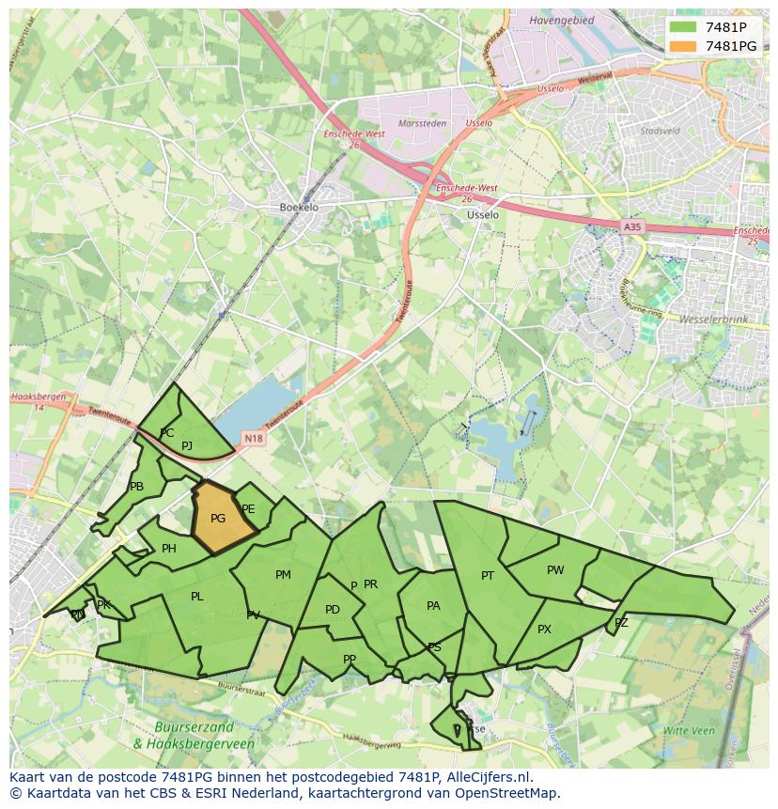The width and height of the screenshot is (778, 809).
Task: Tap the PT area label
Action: pos(488,576)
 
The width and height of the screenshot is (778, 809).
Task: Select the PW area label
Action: pos(555,570)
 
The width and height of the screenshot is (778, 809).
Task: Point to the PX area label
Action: pos(544,630)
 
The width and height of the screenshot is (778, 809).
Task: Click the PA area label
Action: pos(433,606)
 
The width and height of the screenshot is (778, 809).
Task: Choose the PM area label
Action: pos(283,575)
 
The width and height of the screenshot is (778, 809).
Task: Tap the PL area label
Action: pos(196,597)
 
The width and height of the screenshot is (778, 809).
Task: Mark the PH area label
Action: pos(169,550)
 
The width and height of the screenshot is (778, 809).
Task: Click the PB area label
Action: pos(137,487)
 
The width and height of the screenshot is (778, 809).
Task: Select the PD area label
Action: pos(333,610)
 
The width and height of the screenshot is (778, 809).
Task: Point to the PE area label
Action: pos(248,509)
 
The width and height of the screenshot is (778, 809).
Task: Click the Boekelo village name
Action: pos(299,208)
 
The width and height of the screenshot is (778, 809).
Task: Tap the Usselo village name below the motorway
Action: pos(483,214)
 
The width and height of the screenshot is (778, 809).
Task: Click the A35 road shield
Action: pos(632,226)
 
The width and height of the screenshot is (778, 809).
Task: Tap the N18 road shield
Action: pos(253,438)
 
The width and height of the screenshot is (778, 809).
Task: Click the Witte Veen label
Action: pos(689,730)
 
